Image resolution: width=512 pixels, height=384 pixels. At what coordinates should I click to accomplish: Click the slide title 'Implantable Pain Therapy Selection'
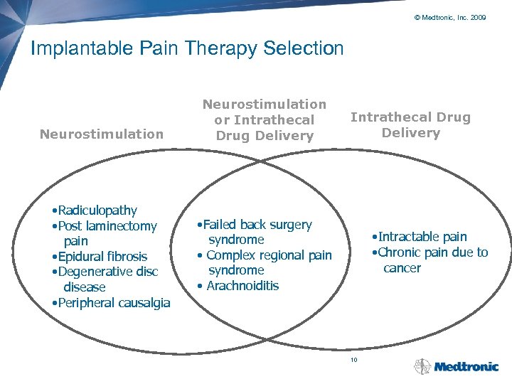click(187, 48)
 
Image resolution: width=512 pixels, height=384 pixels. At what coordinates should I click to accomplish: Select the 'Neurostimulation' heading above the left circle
click(102, 134)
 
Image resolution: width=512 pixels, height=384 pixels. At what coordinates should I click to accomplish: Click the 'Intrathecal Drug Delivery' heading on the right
click(410, 124)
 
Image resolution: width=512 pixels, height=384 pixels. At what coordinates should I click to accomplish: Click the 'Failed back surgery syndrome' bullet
click(259, 232)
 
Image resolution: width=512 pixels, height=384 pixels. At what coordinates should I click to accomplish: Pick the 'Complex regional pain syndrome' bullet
click(267, 262)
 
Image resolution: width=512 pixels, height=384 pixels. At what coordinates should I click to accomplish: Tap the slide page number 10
click(353, 360)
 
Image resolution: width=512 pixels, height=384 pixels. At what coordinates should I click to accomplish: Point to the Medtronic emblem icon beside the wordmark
click(422, 366)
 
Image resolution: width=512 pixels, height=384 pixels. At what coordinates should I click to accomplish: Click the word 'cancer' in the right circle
click(402, 268)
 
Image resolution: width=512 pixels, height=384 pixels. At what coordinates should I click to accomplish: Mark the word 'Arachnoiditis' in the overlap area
click(242, 286)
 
